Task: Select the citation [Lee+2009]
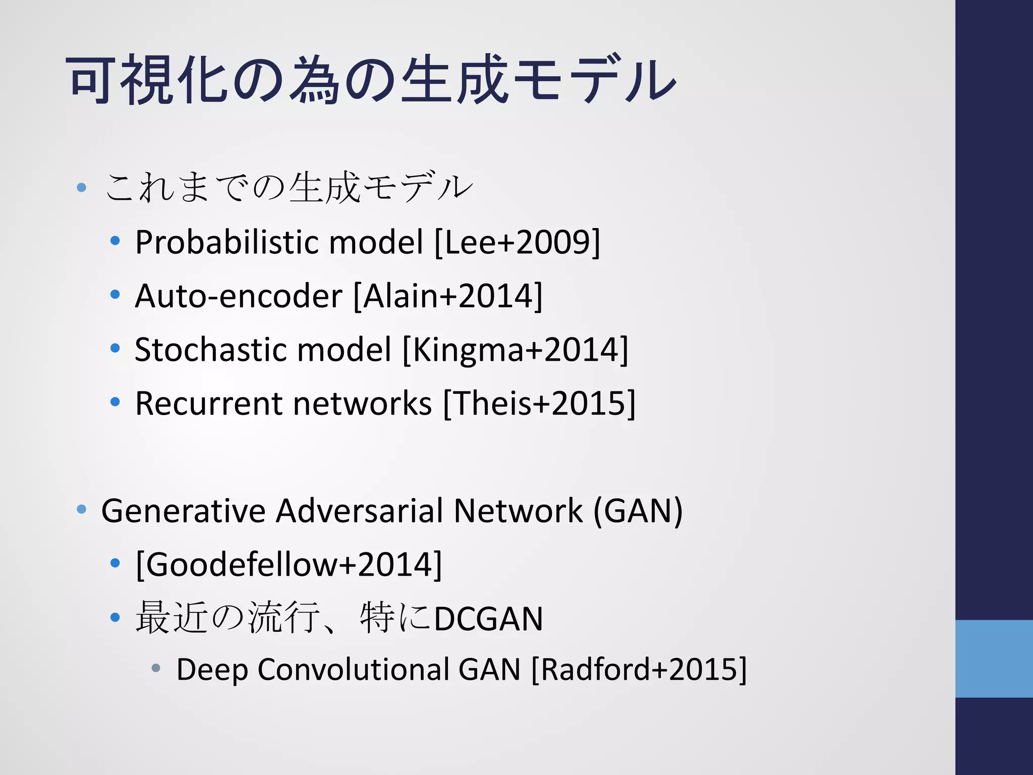518,243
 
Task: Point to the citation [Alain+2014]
448,296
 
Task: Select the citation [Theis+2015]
539,404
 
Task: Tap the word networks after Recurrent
362,404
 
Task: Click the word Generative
183,511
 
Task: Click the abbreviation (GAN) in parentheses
638,511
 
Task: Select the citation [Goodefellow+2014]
289,565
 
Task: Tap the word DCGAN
488,619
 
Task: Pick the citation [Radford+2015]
639,670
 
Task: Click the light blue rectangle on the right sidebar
994,658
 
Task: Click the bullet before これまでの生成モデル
82,188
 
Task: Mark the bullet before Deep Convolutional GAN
156,669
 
